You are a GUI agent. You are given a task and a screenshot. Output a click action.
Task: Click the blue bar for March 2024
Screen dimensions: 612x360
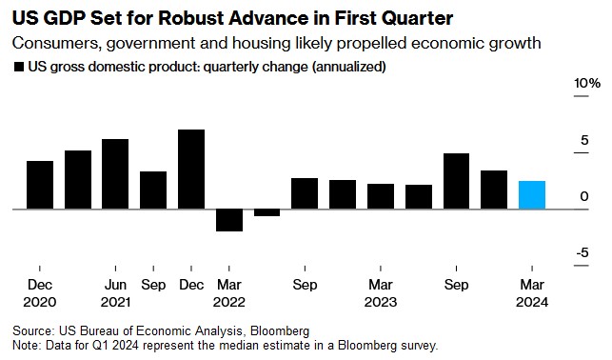click(x=532, y=195)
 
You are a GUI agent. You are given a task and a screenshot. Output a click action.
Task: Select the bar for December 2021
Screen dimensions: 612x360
click(x=191, y=170)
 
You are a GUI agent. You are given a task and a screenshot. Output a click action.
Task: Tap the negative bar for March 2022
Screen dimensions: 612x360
click(x=229, y=220)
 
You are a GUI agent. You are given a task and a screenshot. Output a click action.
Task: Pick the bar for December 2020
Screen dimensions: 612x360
click(x=40, y=185)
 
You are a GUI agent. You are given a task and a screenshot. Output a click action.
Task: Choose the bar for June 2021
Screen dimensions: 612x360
click(x=115, y=173)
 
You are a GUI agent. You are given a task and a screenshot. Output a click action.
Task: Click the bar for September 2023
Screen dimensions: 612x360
click(x=456, y=181)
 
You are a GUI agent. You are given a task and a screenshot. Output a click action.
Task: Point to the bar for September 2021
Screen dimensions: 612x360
click(x=153, y=190)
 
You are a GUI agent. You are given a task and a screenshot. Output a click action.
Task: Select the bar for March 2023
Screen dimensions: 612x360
click(x=381, y=196)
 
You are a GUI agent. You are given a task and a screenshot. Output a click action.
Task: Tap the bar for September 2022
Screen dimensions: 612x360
click(x=305, y=193)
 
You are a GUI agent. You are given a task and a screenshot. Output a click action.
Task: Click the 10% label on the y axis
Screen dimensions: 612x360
click(x=587, y=83)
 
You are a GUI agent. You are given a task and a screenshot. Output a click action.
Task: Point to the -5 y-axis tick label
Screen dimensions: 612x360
click(x=582, y=252)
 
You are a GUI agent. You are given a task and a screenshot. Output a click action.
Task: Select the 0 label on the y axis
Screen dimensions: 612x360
click(x=584, y=196)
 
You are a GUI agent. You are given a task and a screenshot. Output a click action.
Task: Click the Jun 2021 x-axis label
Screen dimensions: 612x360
click(x=115, y=293)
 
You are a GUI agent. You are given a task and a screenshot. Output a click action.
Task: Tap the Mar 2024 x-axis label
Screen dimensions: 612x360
click(x=532, y=293)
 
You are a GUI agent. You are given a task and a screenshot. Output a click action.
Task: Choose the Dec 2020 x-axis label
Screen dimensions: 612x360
click(x=40, y=293)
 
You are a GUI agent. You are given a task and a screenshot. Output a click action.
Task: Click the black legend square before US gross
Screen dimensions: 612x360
click(x=19, y=67)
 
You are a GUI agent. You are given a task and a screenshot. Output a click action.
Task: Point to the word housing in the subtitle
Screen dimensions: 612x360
click(x=261, y=44)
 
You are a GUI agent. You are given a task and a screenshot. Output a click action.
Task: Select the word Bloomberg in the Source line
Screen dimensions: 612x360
click(x=280, y=331)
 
